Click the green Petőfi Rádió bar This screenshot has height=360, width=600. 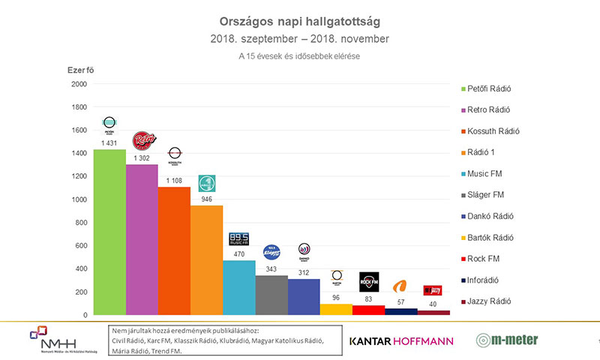pyautogui.click(x=109, y=232)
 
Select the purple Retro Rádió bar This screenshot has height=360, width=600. pyautogui.click(x=142, y=240)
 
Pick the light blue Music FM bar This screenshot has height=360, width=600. pyautogui.click(x=239, y=288)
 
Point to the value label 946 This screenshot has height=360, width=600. pyautogui.click(x=207, y=199)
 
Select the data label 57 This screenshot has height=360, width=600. pyautogui.click(x=401, y=302)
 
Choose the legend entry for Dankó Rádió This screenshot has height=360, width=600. pyautogui.click(x=487, y=216)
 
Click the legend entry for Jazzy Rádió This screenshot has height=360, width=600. pyautogui.click(x=487, y=301)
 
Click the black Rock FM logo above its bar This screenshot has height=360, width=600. pyautogui.click(x=369, y=282)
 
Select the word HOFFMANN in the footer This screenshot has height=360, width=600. pyautogui.click(x=424, y=341)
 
